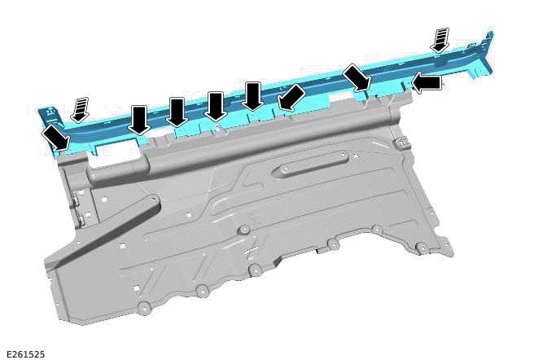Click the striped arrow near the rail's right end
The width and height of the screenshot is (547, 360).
tap(440, 38)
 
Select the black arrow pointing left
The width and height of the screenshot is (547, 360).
tap(427, 82)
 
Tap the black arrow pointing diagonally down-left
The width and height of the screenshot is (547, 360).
tap(291, 98)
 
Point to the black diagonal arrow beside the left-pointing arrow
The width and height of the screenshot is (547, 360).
tap(357, 78)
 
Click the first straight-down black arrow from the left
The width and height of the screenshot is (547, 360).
tap(139, 120)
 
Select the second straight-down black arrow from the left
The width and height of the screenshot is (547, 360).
tap(177, 112)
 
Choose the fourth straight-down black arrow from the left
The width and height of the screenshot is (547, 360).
tap(252, 96)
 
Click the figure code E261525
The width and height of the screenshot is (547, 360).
tap(24, 353)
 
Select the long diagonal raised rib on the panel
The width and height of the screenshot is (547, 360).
tap(106, 230)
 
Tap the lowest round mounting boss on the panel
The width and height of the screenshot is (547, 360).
tap(144, 307)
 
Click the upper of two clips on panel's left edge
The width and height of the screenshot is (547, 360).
tap(72, 198)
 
